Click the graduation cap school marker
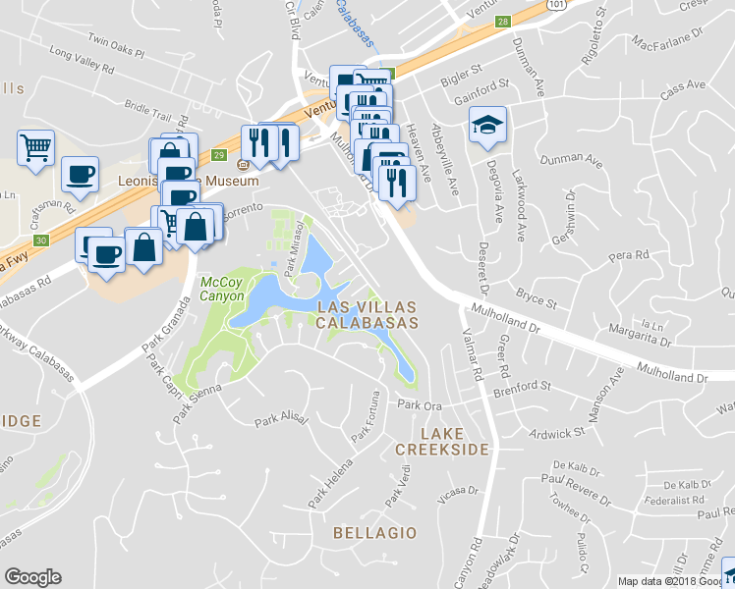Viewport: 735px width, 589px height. [487, 126]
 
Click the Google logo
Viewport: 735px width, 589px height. [32, 577]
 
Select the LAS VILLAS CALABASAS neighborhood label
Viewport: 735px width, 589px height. [367, 314]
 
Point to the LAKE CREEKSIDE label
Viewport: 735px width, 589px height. [441, 441]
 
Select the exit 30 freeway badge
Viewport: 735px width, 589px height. [40, 241]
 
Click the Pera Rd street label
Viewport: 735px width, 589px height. [629, 255]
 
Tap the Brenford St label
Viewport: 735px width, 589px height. [523, 385]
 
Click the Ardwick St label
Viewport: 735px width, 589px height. [555, 430]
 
